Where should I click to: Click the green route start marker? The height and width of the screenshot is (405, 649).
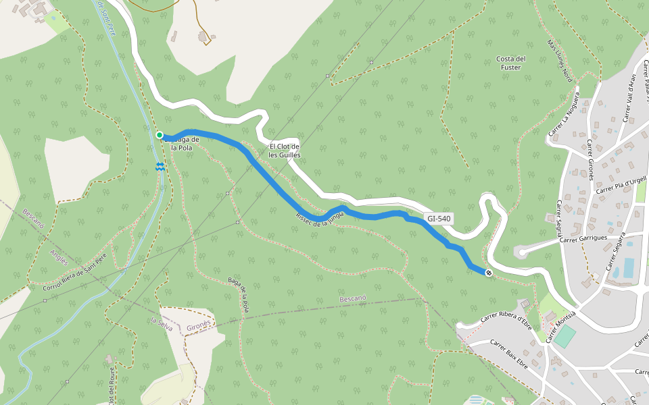pos(160,135)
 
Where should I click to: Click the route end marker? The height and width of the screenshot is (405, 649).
pos(488,273)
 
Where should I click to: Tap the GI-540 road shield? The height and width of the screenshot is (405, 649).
pos(439,219)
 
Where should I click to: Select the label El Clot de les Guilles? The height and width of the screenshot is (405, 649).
pos(284,151)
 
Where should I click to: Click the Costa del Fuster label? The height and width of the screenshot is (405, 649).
pos(511,63)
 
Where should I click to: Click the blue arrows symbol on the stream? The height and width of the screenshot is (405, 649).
pos(160,166)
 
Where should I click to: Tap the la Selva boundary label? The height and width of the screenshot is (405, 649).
pos(162,324)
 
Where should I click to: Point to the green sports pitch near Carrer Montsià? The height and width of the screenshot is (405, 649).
pos(566,336)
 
